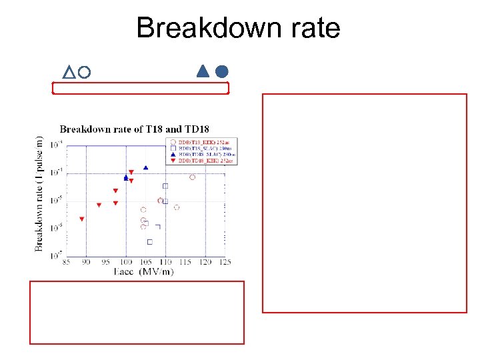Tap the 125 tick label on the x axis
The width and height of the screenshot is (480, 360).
click(225, 263)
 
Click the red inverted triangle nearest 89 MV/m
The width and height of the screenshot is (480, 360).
click(81, 219)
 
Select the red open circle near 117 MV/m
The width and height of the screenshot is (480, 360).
click(193, 177)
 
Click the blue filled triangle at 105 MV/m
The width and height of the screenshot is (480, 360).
click(146, 167)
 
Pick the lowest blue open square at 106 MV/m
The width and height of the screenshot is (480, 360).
click(149, 242)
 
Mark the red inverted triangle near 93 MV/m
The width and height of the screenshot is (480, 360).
click(99, 205)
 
